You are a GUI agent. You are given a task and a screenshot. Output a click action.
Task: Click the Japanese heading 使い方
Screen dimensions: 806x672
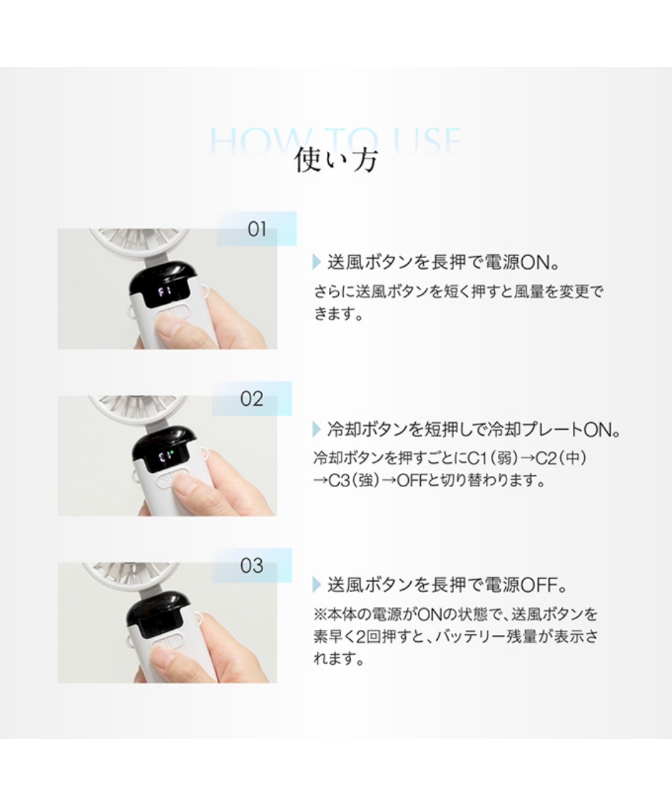[x=336, y=160]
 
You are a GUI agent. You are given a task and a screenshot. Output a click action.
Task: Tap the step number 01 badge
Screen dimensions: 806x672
[x=256, y=229]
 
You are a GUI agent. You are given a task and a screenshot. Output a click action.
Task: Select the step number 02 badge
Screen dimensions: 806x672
[x=252, y=399]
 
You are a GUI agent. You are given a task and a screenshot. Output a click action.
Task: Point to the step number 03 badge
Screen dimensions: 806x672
[x=252, y=566]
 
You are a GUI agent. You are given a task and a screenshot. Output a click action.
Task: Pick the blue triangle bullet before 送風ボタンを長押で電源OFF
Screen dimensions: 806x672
[x=317, y=585]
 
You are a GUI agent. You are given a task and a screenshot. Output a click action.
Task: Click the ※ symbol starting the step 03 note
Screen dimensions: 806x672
[x=318, y=613]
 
